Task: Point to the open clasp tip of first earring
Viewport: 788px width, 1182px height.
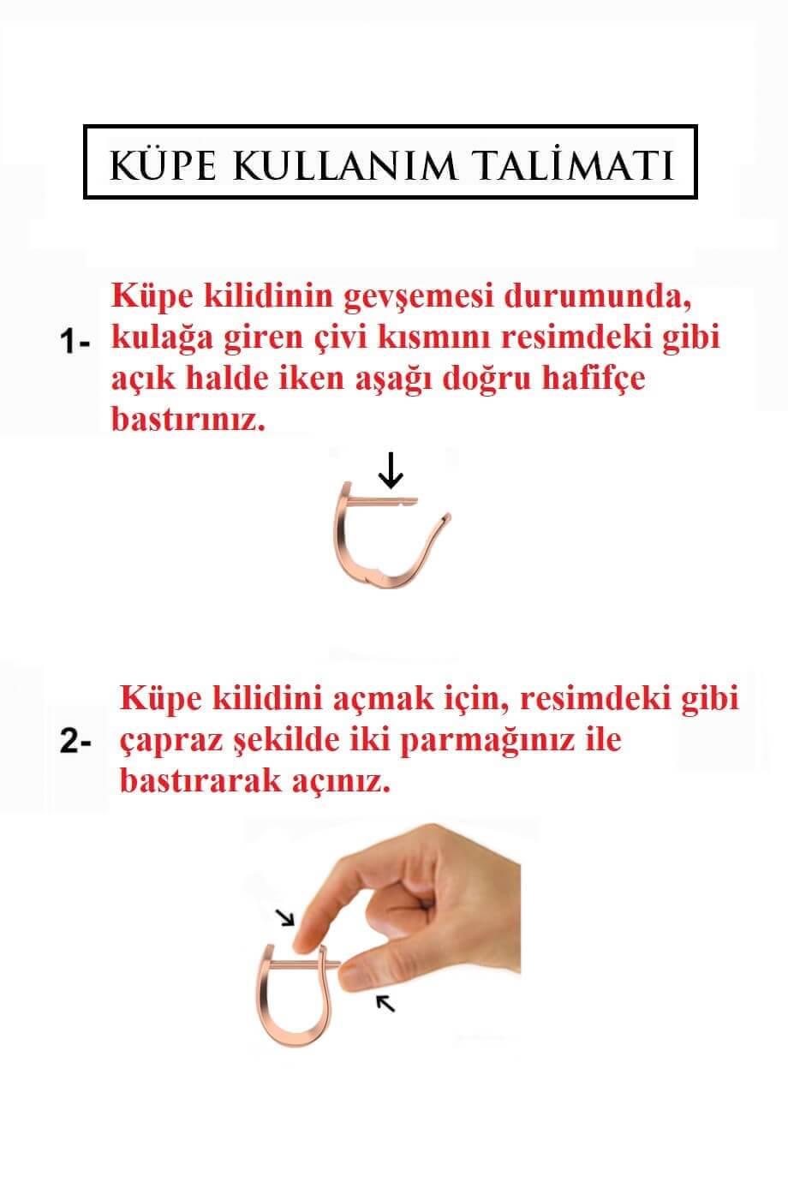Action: pos(444,517)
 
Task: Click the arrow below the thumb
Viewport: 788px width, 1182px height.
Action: pos(387,1004)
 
